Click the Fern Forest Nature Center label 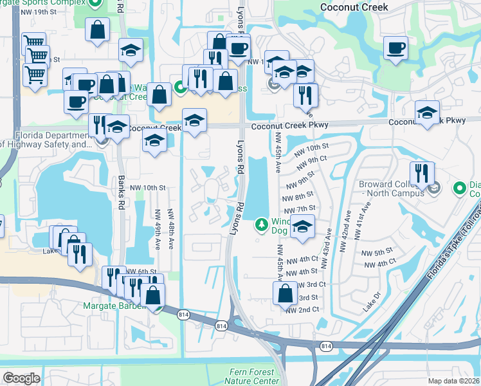(x=255, y=376)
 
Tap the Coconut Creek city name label (x=354, y=7)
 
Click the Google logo (x=21, y=378)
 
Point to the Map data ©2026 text (x=453, y=381)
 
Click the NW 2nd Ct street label (x=303, y=309)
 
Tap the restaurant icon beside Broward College (x=422, y=173)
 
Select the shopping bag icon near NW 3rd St (x=285, y=293)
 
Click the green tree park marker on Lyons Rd (x=261, y=225)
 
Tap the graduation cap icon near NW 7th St (x=303, y=226)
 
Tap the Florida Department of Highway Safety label (x=48, y=140)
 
